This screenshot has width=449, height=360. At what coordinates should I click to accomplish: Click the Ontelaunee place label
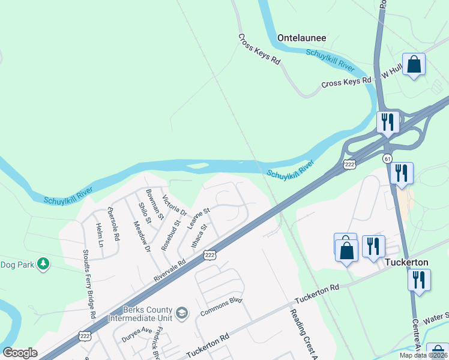[x=301, y=38]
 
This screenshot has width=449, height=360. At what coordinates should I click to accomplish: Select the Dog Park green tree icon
[x=43, y=263]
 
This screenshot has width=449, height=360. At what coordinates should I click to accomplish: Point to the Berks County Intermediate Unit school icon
[x=182, y=313]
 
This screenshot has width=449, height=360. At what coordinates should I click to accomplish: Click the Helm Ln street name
[x=100, y=236]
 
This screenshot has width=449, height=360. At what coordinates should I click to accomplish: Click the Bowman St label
[x=154, y=206]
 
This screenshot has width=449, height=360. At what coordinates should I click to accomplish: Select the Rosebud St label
[x=170, y=235]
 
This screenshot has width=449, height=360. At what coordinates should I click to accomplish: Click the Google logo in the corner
[x=20, y=353]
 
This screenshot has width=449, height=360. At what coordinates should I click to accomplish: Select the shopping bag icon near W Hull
[x=414, y=64]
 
